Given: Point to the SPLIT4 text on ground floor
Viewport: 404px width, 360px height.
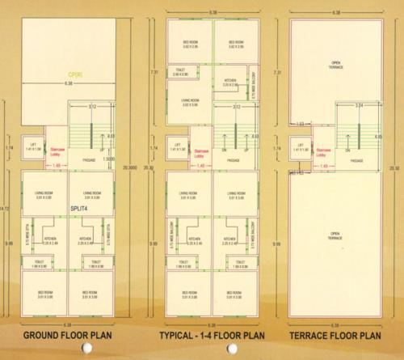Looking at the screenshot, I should point(81,209).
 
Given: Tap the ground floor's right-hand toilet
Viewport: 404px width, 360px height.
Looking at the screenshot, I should point(95,264).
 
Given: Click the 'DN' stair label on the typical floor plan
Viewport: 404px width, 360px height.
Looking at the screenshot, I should point(224,151).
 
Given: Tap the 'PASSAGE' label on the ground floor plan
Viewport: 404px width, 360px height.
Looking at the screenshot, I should point(90,160).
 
